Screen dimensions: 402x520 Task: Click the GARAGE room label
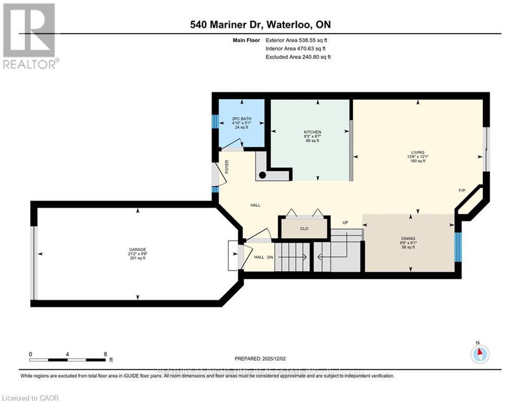click(138, 249)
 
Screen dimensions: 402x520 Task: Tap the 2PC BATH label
click(241, 119)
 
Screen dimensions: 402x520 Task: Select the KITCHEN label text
click(313, 132)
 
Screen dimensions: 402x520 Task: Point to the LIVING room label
click(418, 152)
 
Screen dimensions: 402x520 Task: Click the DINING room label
click(408, 238)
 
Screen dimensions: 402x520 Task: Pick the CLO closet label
click(304, 229)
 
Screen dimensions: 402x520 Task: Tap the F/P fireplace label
click(462, 190)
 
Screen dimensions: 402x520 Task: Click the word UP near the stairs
click(345, 222)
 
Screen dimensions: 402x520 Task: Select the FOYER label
click(227, 166)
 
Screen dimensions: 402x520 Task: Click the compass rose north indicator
click(479, 354)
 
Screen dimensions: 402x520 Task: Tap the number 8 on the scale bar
click(106, 354)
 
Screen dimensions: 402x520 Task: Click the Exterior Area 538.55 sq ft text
click(297, 40)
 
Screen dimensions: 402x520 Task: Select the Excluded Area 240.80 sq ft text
click(298, 57)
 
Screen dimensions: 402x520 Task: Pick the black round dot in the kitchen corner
click(263, 175)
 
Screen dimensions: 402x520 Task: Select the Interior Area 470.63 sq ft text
click(296, 48)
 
